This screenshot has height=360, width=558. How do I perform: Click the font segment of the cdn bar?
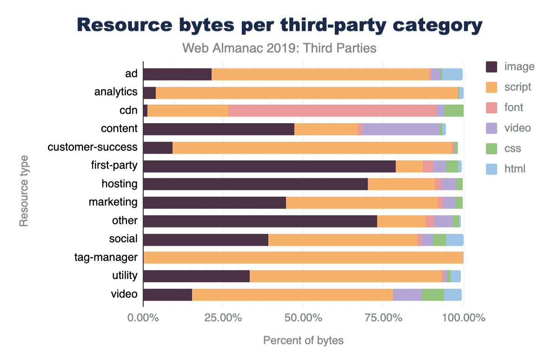[x=332, y=111]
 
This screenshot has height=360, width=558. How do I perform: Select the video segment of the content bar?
[x=401, y=129]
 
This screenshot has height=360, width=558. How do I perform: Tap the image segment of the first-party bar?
[x=269, y=167]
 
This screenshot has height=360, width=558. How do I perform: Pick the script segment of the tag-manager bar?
[x=303, y=258]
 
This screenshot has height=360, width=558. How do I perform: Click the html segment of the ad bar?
[x=452, y=74]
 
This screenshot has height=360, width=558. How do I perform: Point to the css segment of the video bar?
[x=433, y=295]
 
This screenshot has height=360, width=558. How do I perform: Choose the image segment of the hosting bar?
[x=255, y=184]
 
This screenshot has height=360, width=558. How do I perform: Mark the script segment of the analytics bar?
[x=307, y=93]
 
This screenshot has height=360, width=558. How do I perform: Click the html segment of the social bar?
[x=455, y=240]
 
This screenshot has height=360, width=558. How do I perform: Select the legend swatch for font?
[x=492, y=107]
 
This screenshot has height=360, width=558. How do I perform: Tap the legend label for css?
[x=512, y=149]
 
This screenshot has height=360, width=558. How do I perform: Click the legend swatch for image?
[x=492, y=67]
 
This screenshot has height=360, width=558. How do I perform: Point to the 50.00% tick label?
[x=303, y=319]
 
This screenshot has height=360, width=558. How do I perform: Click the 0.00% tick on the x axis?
[x=143, y=319]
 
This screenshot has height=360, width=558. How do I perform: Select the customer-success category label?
[x=93, y=147]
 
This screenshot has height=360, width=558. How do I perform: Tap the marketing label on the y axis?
[x=113, y=202]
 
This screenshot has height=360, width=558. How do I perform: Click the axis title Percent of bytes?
[x=303, y=340]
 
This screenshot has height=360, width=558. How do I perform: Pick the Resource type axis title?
[x=24, y=191]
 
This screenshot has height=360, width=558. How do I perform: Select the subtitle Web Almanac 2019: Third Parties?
[x=279, y=48]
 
